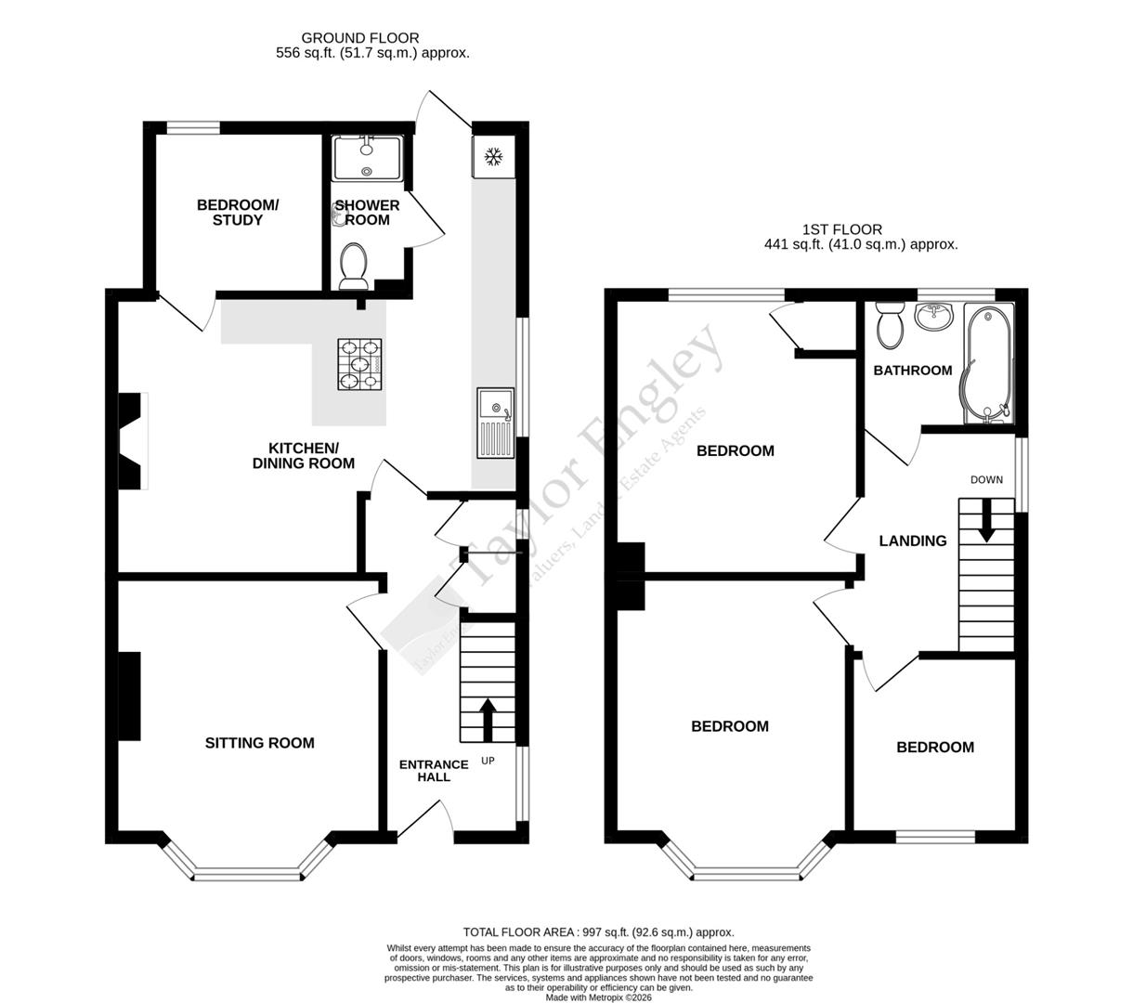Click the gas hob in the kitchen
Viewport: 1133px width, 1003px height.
tap(360, 363)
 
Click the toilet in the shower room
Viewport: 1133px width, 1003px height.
tap(354, 265)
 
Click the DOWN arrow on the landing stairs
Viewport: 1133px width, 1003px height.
tap(985, 520)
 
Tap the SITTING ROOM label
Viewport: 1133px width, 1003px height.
tap(259, 743)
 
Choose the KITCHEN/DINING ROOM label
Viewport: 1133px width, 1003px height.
tap(304, 455)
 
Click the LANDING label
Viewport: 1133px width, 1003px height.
tap(913, 541)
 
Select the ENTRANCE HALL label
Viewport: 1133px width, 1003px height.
tap(434, 771)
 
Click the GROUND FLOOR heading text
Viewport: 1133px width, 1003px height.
tap(372, 38)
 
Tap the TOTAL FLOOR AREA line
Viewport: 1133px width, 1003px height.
tap(599, 931)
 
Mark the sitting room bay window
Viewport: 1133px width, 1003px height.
tap(248, 872)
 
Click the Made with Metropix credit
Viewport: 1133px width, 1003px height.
tap(599, 997)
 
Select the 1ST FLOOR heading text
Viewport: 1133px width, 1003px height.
tap(842, 229)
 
